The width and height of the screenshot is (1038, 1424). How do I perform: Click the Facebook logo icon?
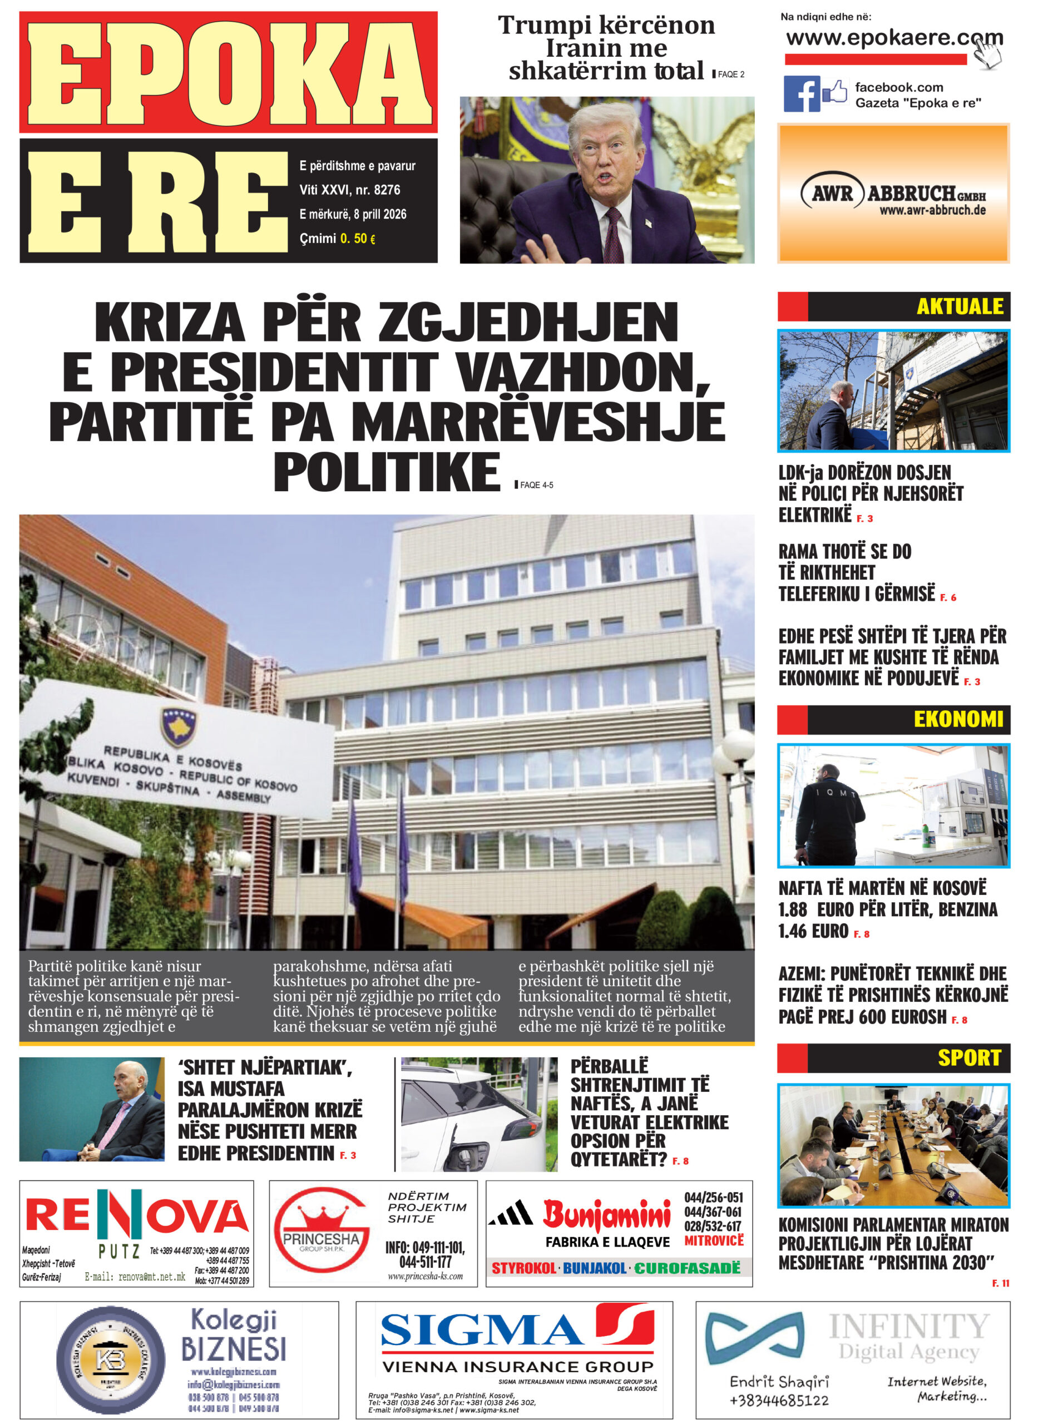pyautogui.click(x=801, y=93)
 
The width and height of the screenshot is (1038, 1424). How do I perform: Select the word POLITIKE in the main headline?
pyautogui.click(x=387, y=472)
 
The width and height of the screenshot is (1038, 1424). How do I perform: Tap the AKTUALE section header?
pyautogui.click(x=960, y=306)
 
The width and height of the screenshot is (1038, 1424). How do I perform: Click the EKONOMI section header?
pyautogui.click(x=957, y=719)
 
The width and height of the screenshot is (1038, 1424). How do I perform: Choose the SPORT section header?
pyautogui.click(x=969, y=1059)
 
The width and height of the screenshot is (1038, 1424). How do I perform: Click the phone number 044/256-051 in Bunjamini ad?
pyautogui.click(x=713, y=1197)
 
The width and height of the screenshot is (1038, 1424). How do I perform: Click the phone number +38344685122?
pyautogui.click(x=779, y=1400)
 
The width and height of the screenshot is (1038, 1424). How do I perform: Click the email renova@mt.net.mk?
pyautogui.click(x=135, y=1277)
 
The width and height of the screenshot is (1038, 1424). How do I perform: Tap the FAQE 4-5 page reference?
pyautogui.click(x=536, y=485)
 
